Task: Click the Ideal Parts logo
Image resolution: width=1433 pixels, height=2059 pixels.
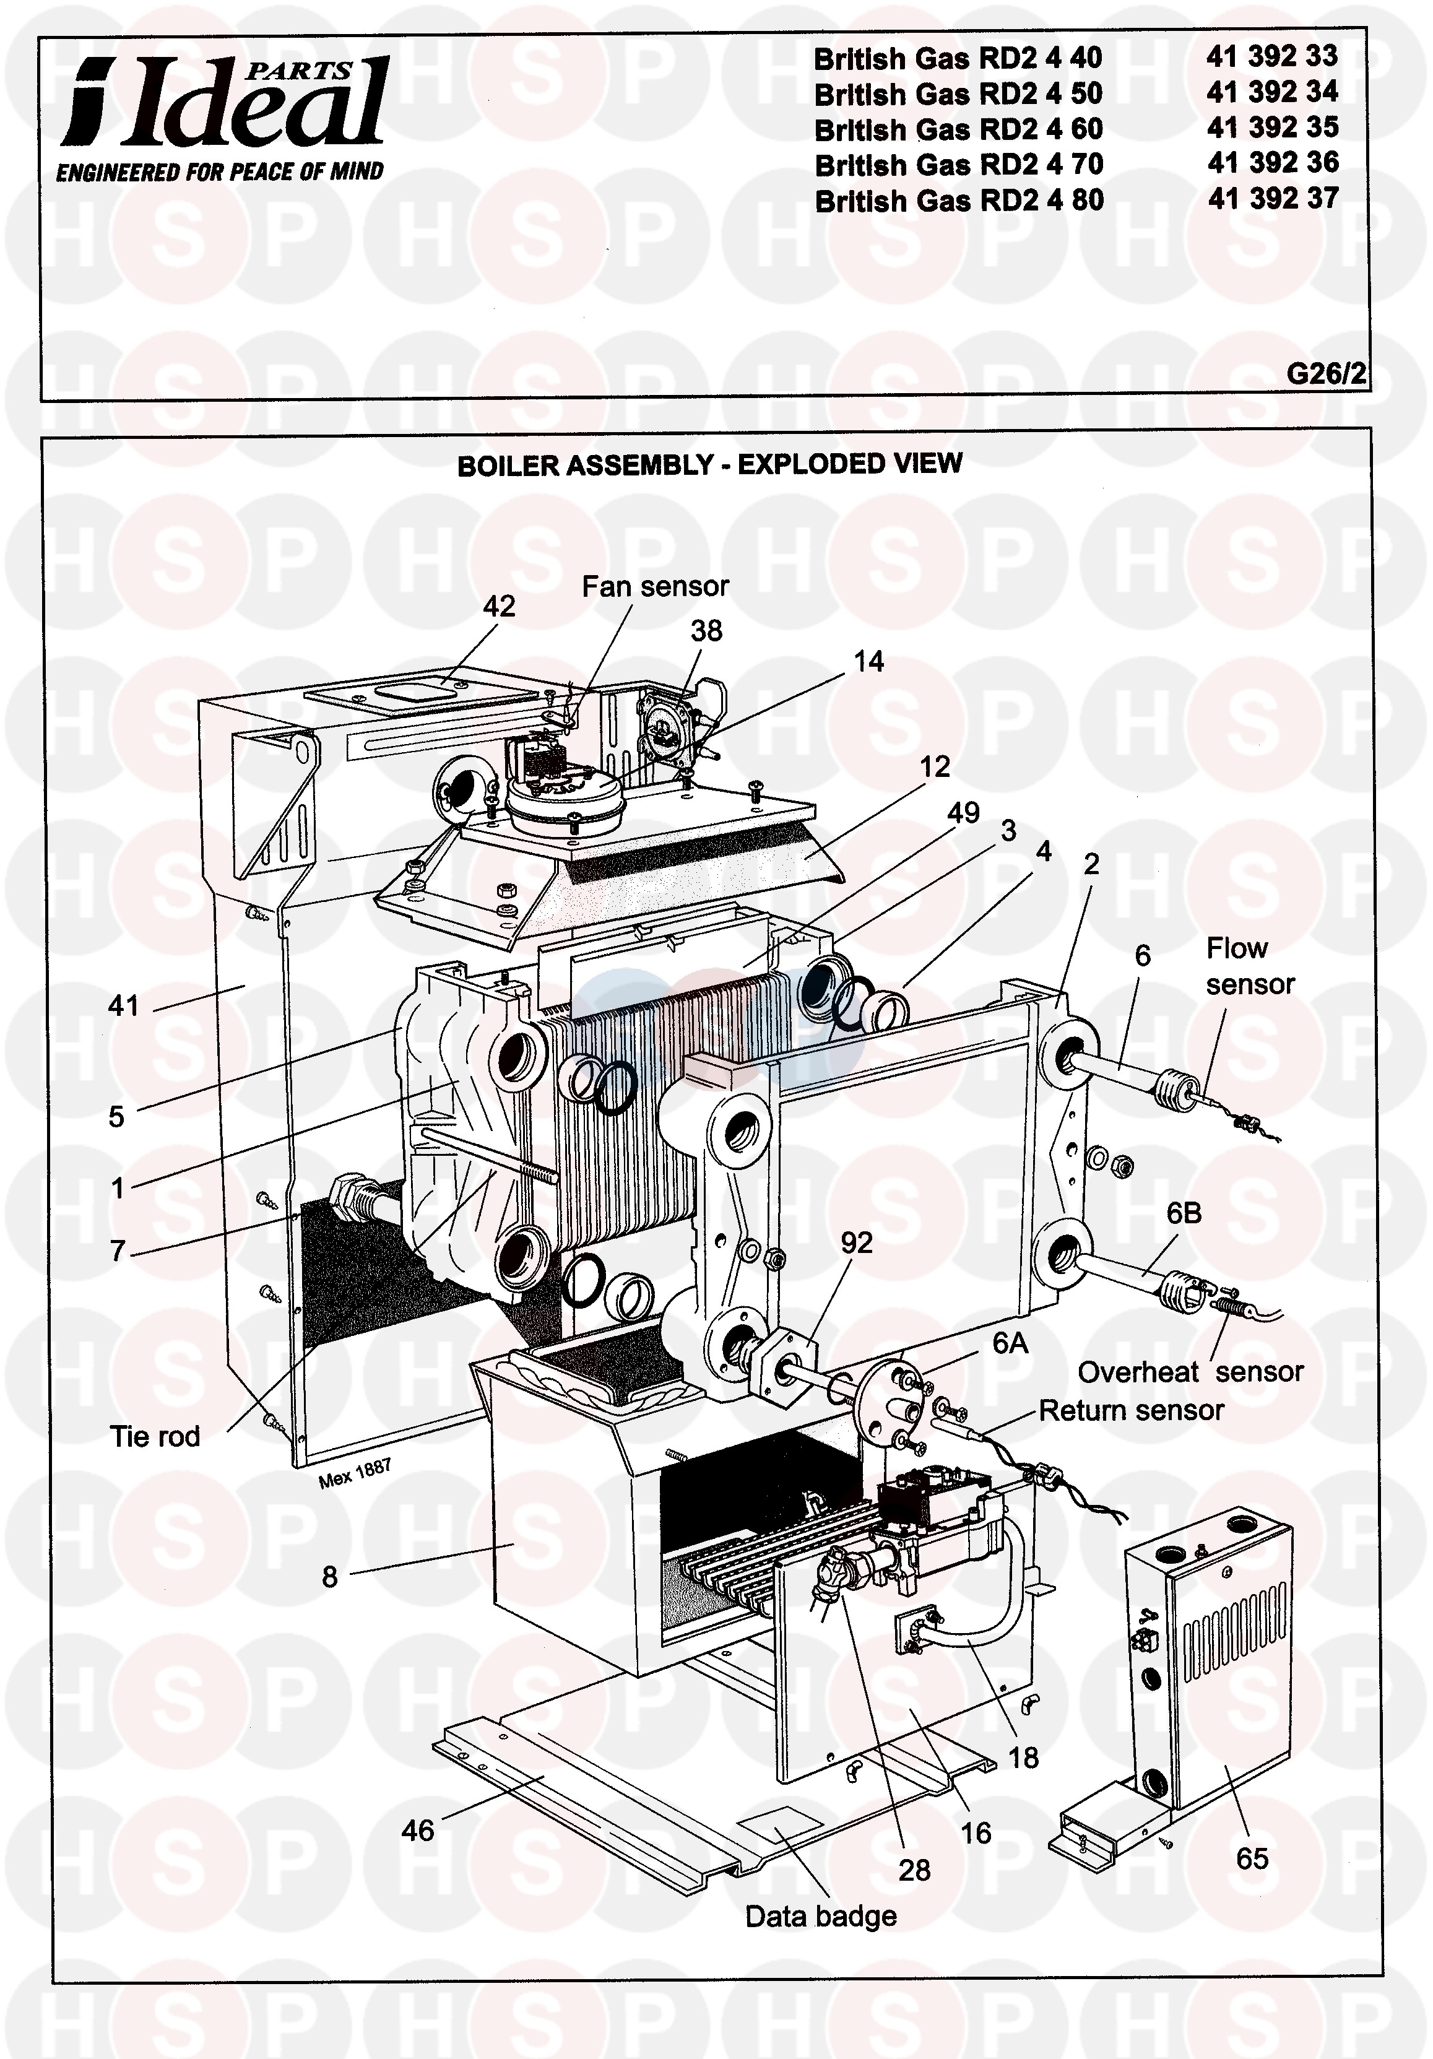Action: coord(224,102)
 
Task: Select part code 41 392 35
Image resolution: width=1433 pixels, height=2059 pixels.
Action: coord(1273,128)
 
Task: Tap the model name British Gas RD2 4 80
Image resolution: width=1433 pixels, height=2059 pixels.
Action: coord(959,200)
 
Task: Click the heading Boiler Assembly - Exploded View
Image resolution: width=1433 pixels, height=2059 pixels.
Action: coord(709,464)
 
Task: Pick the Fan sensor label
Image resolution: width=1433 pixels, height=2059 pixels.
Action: coord(656,586)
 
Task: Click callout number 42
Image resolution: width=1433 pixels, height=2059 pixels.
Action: coord(500,606)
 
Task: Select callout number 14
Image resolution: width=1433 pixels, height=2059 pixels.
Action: coord(868,662)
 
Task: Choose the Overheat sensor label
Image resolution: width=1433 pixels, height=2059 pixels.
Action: coord(1191,1372)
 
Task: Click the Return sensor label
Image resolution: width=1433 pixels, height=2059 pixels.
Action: coord(1132,1411)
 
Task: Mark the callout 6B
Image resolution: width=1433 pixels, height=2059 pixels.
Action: coord(1184,1213)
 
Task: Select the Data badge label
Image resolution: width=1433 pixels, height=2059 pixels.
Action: coord(821,1917)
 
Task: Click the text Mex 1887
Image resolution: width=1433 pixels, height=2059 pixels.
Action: coord(355,1473)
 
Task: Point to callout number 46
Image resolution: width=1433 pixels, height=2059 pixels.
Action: coord(418,1831)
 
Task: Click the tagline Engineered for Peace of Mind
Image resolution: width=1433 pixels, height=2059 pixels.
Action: coord(220,172)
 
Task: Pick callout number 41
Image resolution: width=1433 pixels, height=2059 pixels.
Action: coord(124,1006)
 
